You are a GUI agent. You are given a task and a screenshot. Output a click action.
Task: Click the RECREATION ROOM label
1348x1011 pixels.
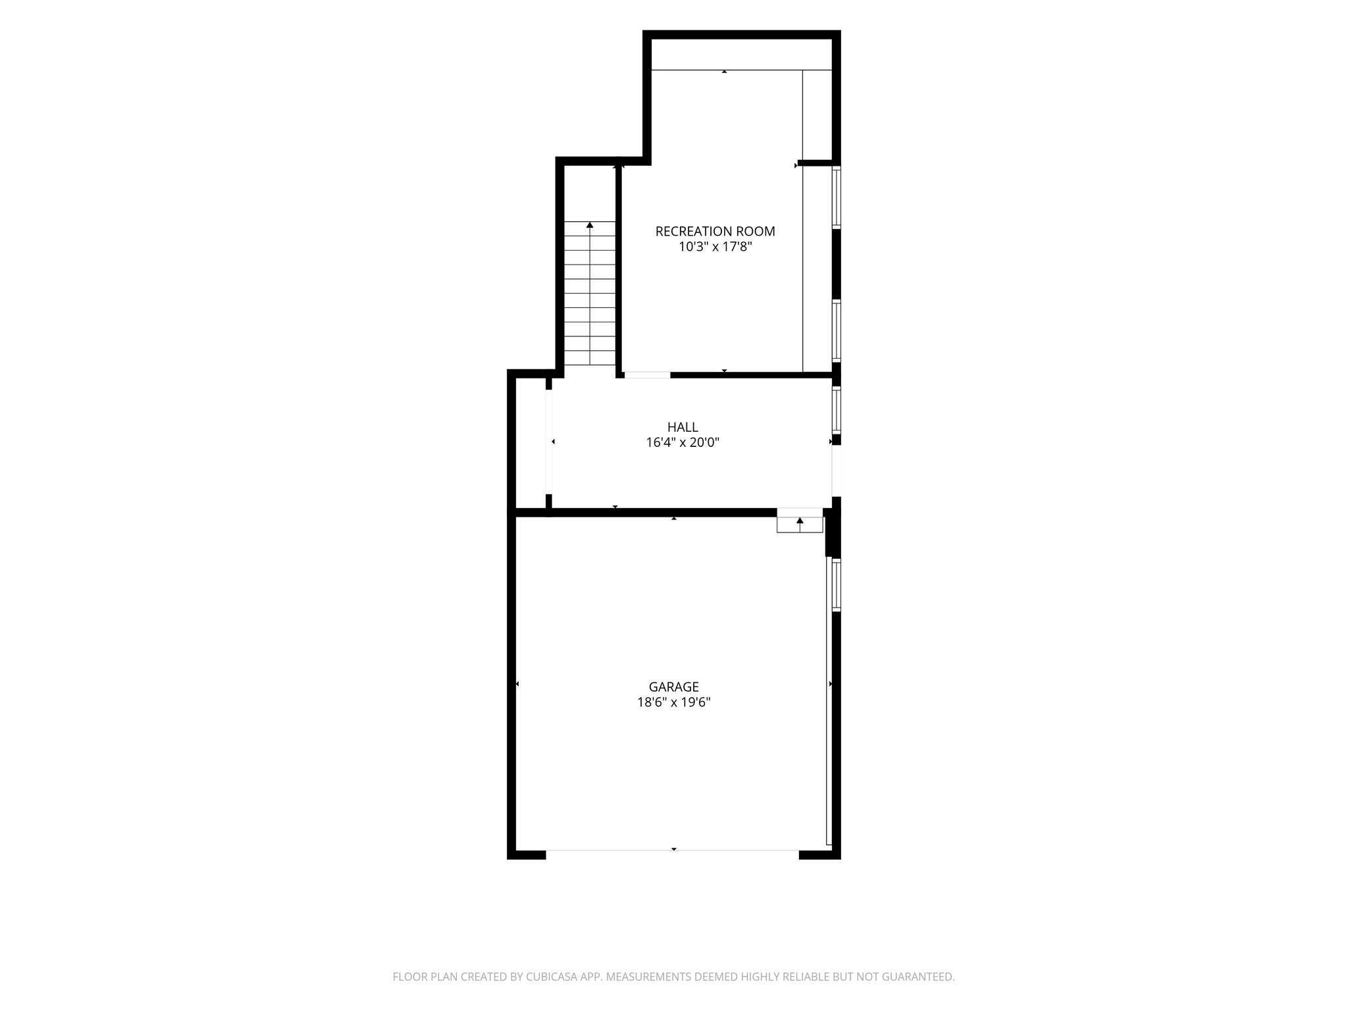(x=715, y=232)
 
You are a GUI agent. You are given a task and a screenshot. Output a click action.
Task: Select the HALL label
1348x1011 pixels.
(x=683, y=427)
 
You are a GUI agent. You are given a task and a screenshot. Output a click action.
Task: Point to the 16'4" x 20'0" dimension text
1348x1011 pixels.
(x=683, y=443)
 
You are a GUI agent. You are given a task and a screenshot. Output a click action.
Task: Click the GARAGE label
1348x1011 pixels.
(x=673, y=687)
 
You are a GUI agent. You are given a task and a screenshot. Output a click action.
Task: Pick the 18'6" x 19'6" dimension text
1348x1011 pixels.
(x=673, y=702)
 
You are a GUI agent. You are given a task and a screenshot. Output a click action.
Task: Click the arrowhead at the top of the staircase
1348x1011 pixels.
(x=590, y=225)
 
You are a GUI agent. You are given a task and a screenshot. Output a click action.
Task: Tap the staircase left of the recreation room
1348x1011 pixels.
(x=590, y=294)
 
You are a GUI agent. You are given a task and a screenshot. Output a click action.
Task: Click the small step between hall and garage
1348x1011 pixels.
(x=800, y=520)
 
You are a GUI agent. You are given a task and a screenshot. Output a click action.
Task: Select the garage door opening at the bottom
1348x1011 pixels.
(x=673, y=854)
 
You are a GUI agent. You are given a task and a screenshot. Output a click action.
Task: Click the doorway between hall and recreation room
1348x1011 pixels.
(x=647, y=375)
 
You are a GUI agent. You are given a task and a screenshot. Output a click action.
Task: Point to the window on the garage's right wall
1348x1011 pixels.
(x=837, y=585)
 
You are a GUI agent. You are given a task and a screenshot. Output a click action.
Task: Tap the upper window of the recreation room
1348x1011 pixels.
(x=837, y=197)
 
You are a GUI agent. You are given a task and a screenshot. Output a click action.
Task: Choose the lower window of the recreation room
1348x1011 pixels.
(x=837, y=331)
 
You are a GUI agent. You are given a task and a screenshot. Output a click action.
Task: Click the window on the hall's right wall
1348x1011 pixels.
(x=837, y=411)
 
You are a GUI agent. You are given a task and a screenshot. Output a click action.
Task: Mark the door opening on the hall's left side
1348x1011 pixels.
(x=549, y=442)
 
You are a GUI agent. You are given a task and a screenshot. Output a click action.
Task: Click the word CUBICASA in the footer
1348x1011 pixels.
(x=550, y=977)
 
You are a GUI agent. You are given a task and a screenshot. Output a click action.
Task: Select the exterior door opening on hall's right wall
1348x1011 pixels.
(x=837, y=471)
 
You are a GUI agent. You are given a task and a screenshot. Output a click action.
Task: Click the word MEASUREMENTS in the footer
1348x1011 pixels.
(x=648, y=977)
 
